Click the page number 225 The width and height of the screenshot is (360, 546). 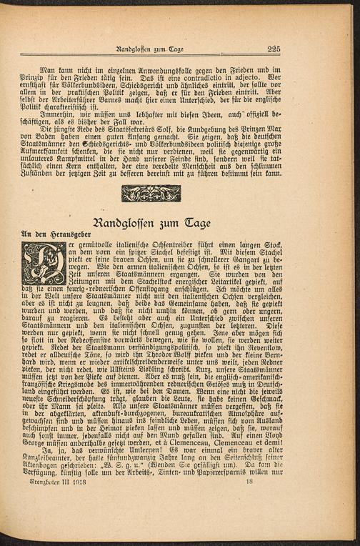(x=274, y=49)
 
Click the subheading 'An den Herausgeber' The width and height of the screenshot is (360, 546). (x=49, y=233)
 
